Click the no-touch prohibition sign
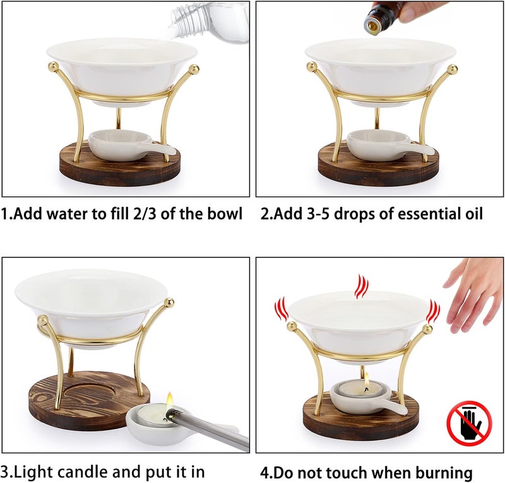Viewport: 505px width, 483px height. (x=470, y=423)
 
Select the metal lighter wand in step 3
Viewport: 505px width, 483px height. (x=207, y=429)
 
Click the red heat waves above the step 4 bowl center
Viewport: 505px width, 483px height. (x=361, y=286)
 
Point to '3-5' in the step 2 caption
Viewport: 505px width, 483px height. (x=318, y=214)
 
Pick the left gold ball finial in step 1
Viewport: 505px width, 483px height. (x=52, y=66)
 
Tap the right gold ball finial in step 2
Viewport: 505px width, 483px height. (x=452, y=70)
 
